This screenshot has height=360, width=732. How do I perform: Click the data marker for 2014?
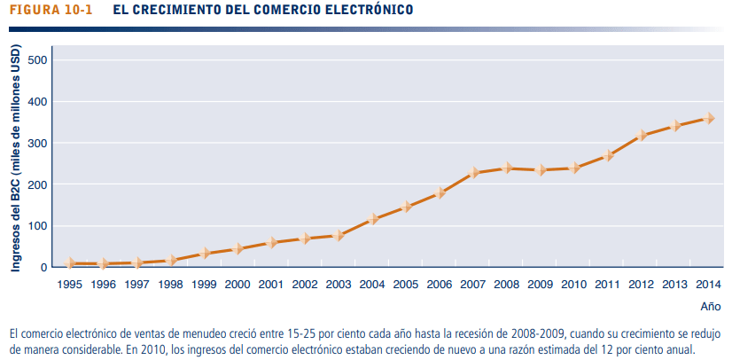point(709,118)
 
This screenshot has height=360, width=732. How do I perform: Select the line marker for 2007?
point(474,172)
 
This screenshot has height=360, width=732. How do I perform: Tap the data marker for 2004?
point(373,218)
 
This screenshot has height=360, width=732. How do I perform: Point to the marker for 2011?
point(608,155)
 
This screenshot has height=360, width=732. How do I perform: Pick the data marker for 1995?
point(70,263)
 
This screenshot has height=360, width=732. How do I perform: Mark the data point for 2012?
point(642,135)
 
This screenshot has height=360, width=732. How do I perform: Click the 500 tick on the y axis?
point(38,59)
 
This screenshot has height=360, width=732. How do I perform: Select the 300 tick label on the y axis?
point(38,143)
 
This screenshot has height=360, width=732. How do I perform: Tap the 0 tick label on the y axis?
point(43,267)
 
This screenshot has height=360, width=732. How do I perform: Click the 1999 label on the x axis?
point(204,285)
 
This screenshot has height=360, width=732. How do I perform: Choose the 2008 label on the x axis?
point(507,285)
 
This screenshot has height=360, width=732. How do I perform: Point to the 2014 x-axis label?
point(709,285)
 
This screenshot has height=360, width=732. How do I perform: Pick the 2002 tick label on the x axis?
point(305,285)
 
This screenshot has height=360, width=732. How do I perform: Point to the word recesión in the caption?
point(451,334)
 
